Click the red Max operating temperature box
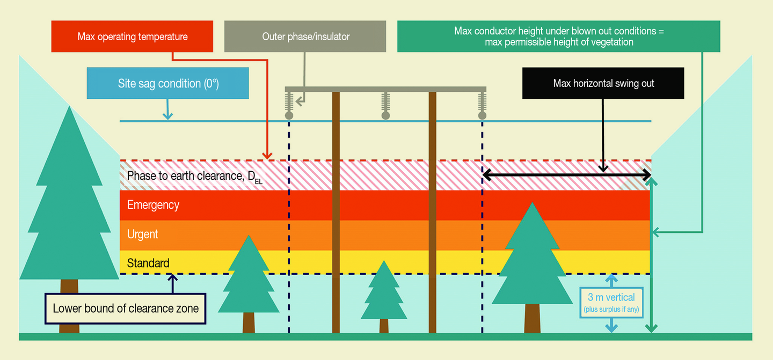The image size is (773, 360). pos(133,36)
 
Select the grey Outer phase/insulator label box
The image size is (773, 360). pos(305,36)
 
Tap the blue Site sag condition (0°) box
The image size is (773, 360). pos(168,84)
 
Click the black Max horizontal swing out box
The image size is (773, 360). pos(603,83)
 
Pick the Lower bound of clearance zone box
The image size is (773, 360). pos(126,308)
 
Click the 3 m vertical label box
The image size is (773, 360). pos(611,303)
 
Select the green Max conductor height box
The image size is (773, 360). pos(558,36)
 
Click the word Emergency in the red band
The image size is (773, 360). pos(153,205)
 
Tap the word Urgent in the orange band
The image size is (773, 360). pos(142,234)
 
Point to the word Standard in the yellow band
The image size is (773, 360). pos(148,263)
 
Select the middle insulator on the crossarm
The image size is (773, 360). pos(385,105)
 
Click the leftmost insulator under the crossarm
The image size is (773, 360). pos(289,105)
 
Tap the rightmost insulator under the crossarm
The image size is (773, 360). pos(482,105)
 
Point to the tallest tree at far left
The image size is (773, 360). pos(69,215)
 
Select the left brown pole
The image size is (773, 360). pos(336,215)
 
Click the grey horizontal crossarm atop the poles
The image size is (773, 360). pos(385,89)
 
